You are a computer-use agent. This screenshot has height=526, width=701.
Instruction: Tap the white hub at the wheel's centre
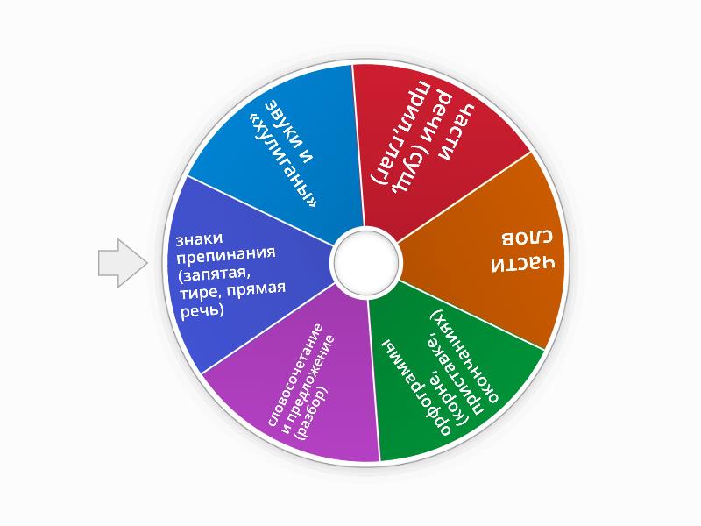click(x=365, y=262)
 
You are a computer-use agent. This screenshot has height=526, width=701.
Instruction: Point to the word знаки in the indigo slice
click(x=199, y=238)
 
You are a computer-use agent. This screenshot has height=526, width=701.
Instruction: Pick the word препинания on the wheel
click(x=225, y=256)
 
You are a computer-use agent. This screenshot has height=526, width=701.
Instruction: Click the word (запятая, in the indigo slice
click(x=213, y=275)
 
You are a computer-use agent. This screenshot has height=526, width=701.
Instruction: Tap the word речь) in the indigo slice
click(x=202, y=310)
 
